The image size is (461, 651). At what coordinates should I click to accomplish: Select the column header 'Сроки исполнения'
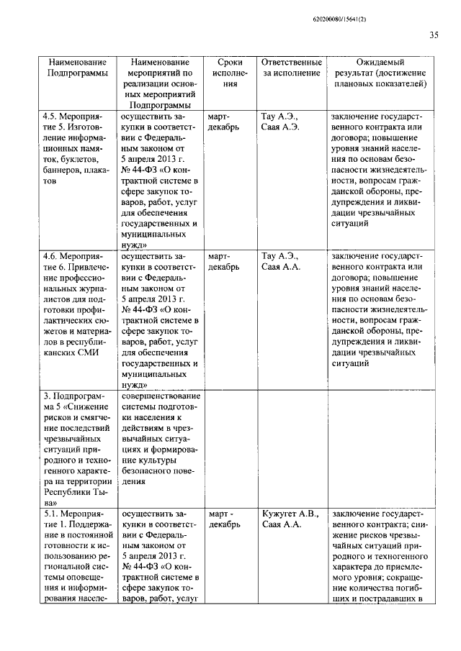(230, 73)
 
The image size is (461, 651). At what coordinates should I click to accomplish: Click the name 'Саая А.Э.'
(280, 127)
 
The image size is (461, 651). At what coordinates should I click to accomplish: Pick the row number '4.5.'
(52, 116)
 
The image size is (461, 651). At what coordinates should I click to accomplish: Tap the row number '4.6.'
(52, 255)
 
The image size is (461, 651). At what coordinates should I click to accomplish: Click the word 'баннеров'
(62, 170)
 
